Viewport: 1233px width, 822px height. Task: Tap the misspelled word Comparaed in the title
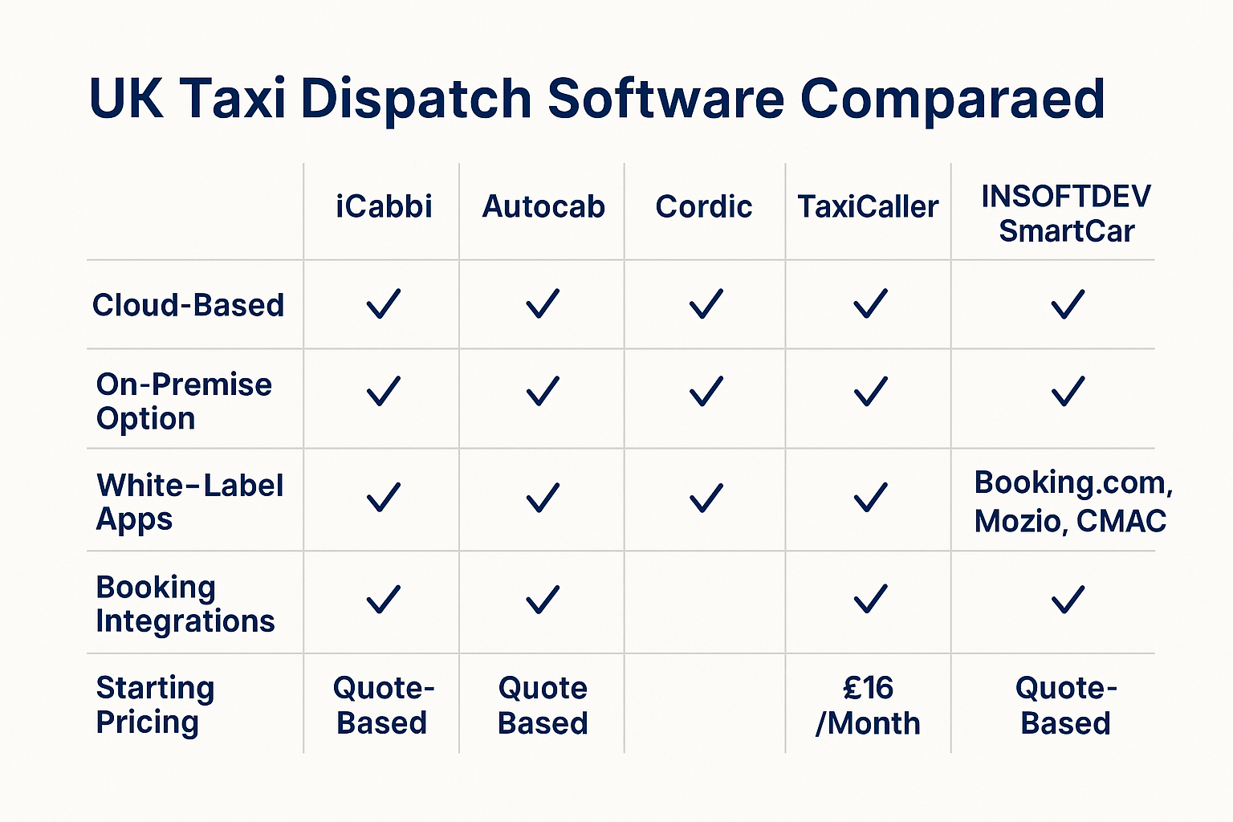click(x=952, y=99)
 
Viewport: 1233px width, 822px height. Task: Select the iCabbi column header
click(x=384, y=206)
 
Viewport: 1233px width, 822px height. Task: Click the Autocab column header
click(x=543, y=207)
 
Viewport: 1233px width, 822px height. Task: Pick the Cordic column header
click(x=703, y=207)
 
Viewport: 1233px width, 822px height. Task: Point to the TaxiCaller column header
click(x=868, y=207)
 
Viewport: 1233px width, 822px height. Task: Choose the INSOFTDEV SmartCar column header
click(x=1066, y=214)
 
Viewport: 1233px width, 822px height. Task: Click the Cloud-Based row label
click(x=189, y=305)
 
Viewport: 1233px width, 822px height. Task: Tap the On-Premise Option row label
click(x=184, y=401)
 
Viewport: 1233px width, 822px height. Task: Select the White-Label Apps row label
click(x=189, y=502)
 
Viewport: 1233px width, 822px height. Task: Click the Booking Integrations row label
click(x=185, y=604)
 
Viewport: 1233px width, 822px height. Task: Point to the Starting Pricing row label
click(x=155, y=705)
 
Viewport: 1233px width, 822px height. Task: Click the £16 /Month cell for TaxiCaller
click(x=868, y=706)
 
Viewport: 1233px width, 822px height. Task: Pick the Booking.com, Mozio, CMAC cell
click(x=1073, y=501)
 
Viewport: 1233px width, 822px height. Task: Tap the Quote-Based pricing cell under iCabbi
click(x=384, y=706)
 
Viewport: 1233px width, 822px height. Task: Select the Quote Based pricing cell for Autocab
click(x=543, y=706)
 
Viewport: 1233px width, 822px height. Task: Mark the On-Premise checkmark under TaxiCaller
click(x=870, y=392)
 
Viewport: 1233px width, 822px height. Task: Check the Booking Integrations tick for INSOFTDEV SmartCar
click(x=1068, y=599)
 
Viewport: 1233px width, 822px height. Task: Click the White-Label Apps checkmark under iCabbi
click(x=384, y=497)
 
